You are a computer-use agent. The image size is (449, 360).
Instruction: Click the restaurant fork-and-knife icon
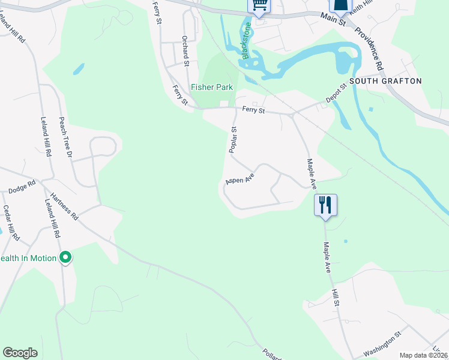click(325, 205)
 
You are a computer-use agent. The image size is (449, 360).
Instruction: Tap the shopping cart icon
click(259, 5)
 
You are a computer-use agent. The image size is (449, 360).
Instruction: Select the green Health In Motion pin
click(66, 258)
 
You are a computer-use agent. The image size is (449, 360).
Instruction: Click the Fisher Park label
click(212, 87)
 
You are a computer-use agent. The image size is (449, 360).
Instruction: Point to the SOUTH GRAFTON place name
click(385, 81)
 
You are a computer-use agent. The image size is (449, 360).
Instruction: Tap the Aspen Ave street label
click(240, 178)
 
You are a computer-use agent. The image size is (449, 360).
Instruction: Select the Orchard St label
click(186, 50)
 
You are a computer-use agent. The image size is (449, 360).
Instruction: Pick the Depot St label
click(337, 94)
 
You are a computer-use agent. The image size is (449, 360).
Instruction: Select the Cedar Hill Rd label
click(11, 223)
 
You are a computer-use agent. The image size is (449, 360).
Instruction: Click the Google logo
click(20, 353)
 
